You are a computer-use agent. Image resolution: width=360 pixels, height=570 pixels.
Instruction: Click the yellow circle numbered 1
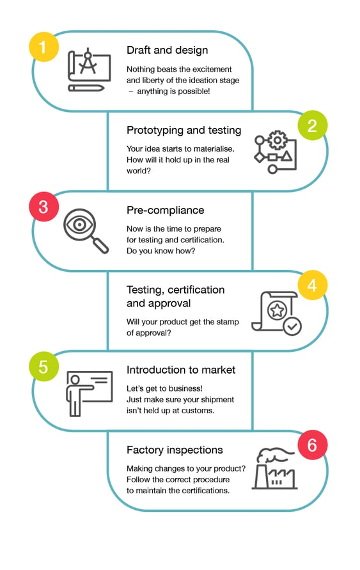[x=43, y=47]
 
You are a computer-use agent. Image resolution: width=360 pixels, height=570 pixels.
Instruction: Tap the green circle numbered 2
[x=313, y=126]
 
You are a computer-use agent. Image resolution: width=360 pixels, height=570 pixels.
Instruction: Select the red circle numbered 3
[x=43, y=207]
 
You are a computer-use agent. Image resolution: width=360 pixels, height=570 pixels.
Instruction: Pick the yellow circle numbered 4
[x=313, y=285]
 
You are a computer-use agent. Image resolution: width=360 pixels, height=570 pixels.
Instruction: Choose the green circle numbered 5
[x=43, y=367]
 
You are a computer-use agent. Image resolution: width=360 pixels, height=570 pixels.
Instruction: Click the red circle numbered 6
[x=313, y=445]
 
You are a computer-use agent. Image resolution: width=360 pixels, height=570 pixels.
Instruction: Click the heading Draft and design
[x=167, y=50]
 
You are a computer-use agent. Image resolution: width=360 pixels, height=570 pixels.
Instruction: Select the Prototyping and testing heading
[x=184, y=130]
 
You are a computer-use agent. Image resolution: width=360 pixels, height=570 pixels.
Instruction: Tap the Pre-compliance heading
[x=165, y=210]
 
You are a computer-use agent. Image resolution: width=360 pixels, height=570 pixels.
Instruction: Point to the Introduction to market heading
[x=181, y=370]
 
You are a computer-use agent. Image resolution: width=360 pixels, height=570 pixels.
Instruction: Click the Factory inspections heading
[x=175, y=450]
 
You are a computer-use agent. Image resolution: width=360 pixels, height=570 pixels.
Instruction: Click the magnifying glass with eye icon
[x=86, y=230]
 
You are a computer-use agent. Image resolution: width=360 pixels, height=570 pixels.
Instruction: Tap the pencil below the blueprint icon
[x=86, y=88]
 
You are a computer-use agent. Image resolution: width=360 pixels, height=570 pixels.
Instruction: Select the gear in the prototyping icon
[x=278, y=140]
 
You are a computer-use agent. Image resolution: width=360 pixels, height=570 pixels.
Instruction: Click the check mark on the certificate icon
[x=292, y=326]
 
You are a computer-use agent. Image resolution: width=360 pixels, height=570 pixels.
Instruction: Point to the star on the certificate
[x=277, y=310]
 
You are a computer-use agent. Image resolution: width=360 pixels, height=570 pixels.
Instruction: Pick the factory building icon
[x=274, y=469]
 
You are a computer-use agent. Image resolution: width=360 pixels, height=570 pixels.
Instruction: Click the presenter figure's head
[x=75, y=380]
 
